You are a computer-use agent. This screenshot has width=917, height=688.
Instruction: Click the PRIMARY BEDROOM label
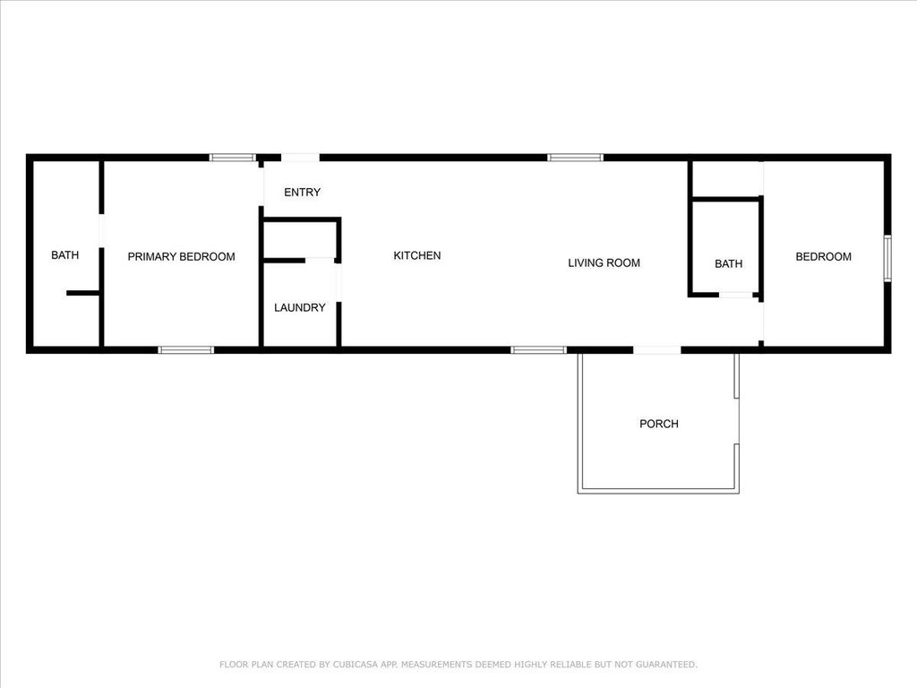181,256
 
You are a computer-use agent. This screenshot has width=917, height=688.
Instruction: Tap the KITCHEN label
417,255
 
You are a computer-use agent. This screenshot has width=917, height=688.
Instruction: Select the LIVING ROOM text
604,262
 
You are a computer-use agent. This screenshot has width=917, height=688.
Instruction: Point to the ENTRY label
302,192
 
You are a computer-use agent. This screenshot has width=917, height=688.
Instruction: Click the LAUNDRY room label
299,307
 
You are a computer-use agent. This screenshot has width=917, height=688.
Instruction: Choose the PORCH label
658,424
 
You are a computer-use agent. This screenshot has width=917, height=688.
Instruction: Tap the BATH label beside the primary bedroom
64,255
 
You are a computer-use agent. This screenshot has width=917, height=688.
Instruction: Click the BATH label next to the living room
728,264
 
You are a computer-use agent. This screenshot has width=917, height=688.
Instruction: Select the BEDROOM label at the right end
824,256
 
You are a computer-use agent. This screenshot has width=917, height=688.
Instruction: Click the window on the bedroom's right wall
887,258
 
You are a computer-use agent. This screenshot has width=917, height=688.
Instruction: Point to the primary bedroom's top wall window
232,158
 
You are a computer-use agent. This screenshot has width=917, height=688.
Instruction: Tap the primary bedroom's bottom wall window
185,350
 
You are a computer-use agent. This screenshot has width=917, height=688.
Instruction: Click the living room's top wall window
575,158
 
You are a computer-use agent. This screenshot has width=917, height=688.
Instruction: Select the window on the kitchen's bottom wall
538,350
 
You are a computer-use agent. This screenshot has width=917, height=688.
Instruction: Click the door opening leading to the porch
656,350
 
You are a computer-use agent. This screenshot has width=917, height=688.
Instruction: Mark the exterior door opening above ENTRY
300,158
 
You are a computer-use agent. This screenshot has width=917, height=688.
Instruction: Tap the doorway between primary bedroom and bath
101,230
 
